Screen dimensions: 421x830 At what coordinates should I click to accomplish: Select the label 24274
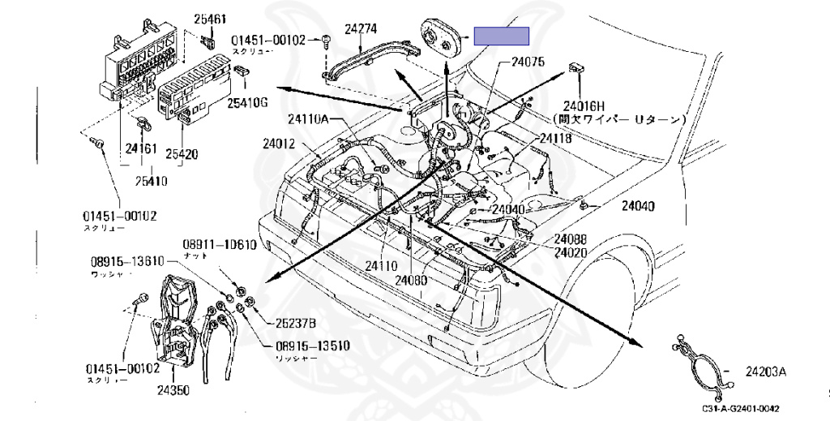361,29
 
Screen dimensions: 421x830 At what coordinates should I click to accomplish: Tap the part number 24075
528,62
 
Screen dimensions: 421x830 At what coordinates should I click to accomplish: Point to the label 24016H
586,105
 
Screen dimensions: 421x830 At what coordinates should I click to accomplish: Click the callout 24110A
308,119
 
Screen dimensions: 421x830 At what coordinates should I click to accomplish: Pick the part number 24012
278,144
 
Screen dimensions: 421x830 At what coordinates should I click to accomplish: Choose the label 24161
139,148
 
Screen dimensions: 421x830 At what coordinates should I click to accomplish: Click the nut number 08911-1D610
219,244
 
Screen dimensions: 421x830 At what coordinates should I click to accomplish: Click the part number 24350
173,389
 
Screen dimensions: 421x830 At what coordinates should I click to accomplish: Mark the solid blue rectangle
501,36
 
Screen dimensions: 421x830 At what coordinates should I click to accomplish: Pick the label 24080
411,281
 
